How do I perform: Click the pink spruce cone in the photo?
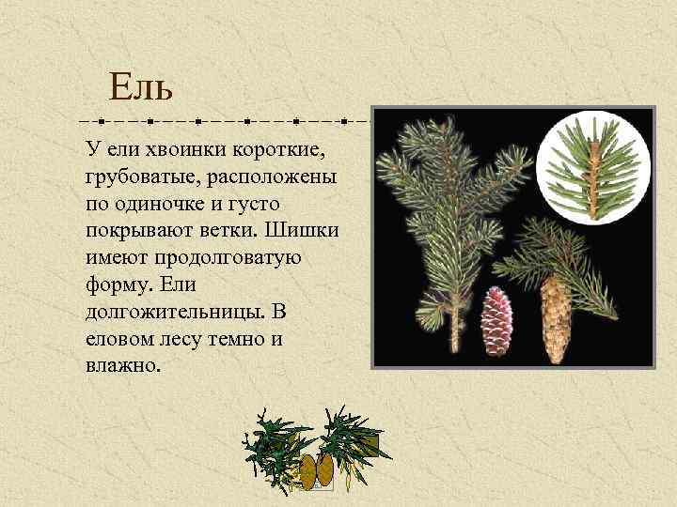(x=496, y=320)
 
